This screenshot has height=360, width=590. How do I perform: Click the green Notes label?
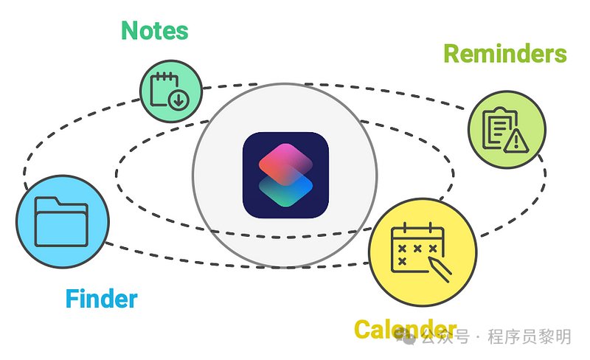pos(154,31)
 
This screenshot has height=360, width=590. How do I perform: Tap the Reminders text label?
pos(504,54)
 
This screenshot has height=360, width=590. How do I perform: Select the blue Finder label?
pos(101,299)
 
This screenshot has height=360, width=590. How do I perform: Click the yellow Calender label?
pos(405,329)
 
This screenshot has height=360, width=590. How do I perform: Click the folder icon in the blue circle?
pos(62,221)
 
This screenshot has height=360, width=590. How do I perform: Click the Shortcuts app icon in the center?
pos(285,175)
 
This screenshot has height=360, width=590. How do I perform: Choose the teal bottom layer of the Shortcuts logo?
pos(285,190)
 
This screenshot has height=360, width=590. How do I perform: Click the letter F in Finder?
pos(72,299)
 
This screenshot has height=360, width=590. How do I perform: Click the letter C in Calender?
pos(364,329)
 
